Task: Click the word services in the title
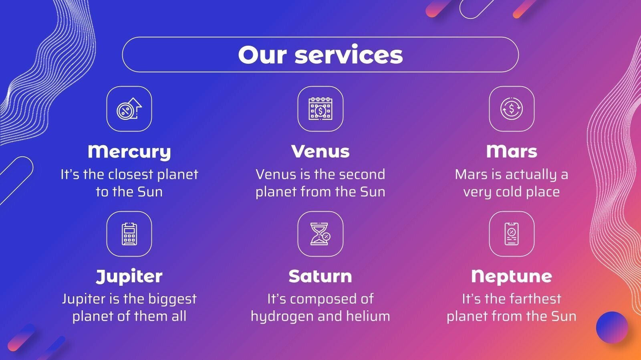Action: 349,55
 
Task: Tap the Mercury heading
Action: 129,152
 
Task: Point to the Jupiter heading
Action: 129,276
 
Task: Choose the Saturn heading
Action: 320,276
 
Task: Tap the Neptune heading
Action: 512,276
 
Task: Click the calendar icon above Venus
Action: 320,109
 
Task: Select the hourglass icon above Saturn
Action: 320,234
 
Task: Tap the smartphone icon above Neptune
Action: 512,234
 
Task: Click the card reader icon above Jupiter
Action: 129,234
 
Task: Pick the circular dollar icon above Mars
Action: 512,109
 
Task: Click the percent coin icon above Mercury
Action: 129,109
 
